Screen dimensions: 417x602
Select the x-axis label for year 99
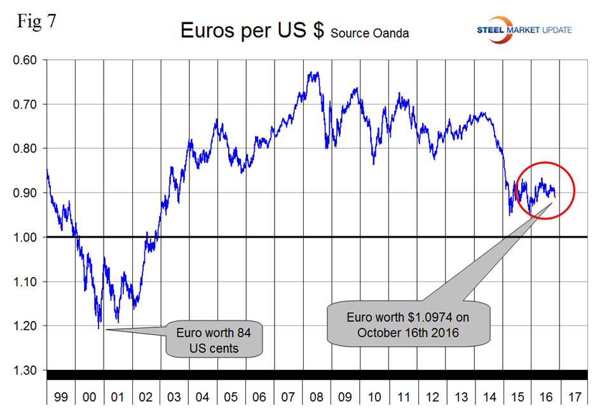coord(60,398)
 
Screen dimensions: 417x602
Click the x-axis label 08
coord(317,398)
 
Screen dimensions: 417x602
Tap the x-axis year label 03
coord(174,398)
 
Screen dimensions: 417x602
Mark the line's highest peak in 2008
coord(311,72)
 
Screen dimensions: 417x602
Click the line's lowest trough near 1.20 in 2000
coord(99,328)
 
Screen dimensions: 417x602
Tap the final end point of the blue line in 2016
coord(555,196)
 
